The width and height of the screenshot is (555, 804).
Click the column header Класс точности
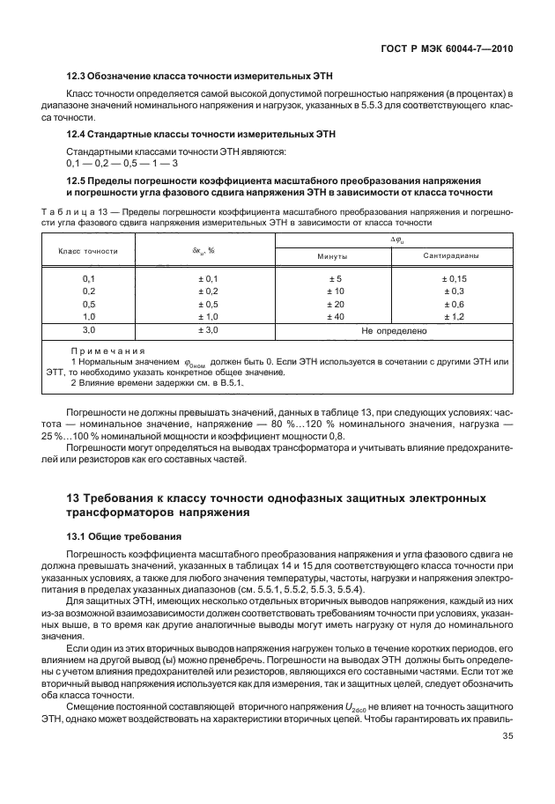pos(88,250)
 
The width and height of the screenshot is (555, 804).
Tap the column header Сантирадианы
pos(451,257)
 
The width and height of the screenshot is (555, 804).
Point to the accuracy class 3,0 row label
pos(88,330)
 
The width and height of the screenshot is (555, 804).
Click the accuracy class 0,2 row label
pos(88,291)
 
